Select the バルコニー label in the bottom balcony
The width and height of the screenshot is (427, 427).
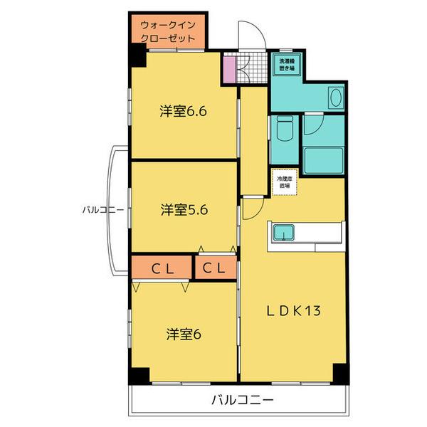[242, 400]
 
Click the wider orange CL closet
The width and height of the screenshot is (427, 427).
[162, 268]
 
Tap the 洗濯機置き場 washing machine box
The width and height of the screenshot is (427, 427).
[288, 65]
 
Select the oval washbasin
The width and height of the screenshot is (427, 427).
[334, 97]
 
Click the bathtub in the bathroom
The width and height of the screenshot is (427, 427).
[325, 157]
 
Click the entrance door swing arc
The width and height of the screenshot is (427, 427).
[250, 34]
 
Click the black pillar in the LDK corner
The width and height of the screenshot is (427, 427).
[340, 372]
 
